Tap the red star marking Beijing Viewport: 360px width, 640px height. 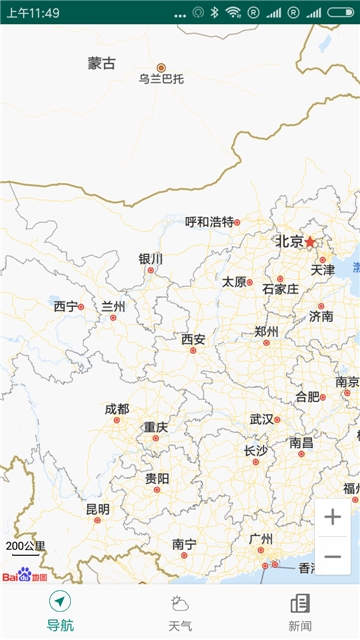[310, 242]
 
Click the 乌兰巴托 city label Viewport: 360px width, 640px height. [162, 79]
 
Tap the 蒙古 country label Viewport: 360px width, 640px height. [102, 63]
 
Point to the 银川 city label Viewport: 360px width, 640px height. [151, 258]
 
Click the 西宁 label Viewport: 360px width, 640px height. [66, 306]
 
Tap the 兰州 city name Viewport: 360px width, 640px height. [114, 306]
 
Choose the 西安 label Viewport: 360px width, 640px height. [193, 339]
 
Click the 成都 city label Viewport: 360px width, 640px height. [117, 409]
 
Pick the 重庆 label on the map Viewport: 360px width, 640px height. [155, 427]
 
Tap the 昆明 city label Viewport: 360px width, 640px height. [97, 509]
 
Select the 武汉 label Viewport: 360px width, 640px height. [261, 419]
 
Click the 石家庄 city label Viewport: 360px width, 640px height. [280, 289]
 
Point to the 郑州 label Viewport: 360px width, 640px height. [266, 331]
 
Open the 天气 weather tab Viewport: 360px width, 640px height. [180, 611]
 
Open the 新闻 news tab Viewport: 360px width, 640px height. [300, 611]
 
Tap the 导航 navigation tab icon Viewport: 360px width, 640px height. [60, 602]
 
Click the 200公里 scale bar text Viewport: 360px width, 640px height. [26, 546]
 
